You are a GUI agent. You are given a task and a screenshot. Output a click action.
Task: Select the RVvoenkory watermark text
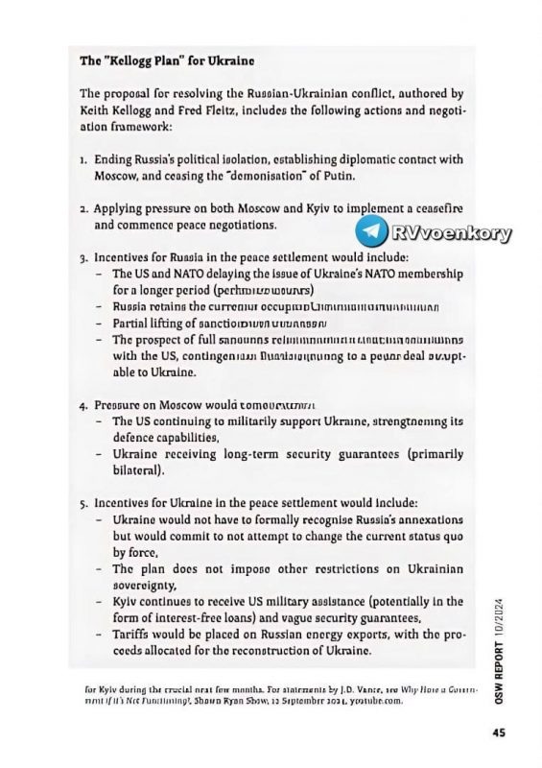pos(452,232)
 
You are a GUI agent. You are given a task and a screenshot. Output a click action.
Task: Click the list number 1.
pos(83,158)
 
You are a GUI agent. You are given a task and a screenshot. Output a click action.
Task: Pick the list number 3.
pos(83,257)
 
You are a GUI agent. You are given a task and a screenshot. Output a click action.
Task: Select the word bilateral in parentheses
pos(141,470)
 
